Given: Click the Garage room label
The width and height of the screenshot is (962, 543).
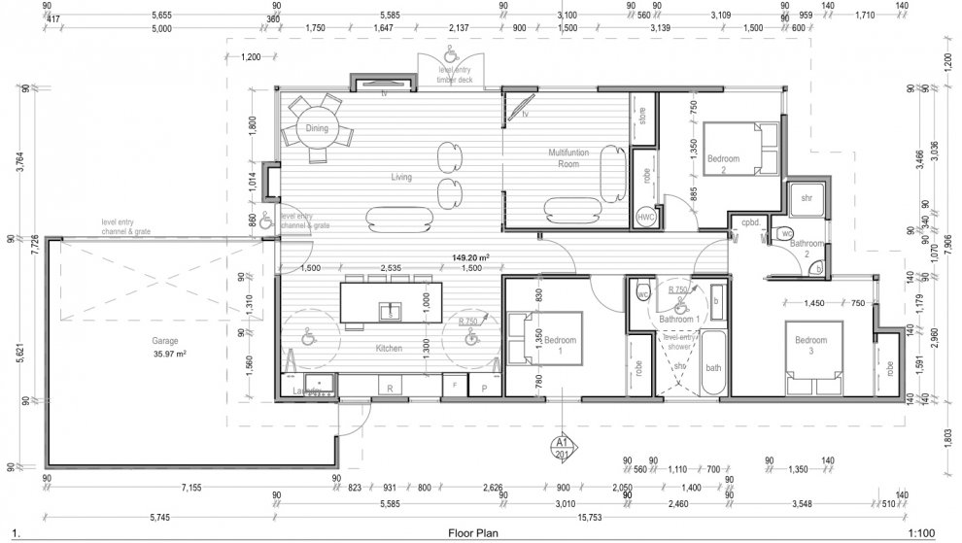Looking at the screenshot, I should coord(165,342).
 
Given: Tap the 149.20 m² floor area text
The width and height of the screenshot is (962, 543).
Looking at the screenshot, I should coord(470,258).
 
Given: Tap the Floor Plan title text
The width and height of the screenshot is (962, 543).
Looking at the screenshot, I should coord(474,533).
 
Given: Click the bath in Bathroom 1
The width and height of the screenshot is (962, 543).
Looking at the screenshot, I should coord(713,367).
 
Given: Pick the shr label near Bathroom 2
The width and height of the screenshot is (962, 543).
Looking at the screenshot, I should coord(806,198).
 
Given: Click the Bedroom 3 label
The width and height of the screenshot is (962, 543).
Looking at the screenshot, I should coord(810,346).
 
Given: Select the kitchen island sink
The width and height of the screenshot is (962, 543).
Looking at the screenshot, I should coord(388,312).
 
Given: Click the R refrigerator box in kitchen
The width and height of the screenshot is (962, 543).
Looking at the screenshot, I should coord(390,387).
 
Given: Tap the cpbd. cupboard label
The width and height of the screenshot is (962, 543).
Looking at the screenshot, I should coord(749,221).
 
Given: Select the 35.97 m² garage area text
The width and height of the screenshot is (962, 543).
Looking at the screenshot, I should coord(169,354).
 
